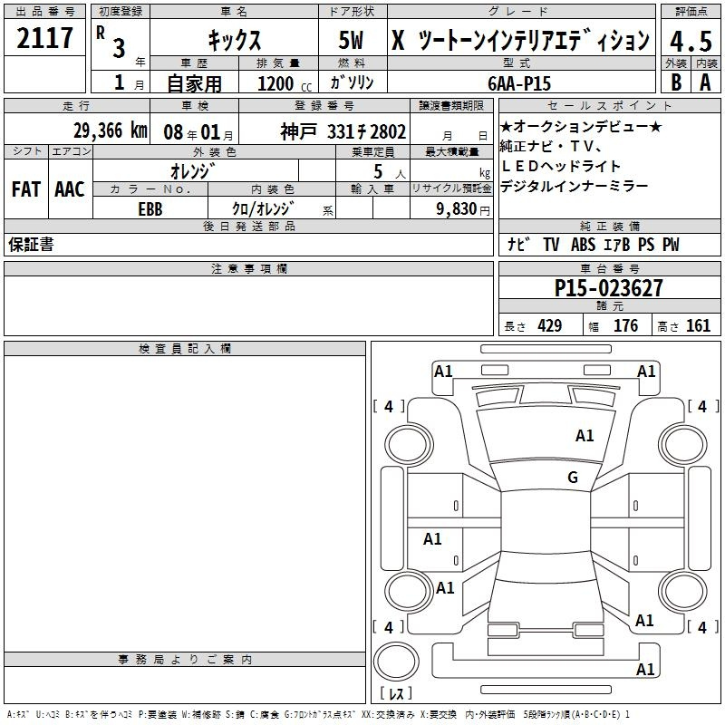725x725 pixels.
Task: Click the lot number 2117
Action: [x=44, y=38]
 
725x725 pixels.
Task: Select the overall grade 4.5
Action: [x=691, y=42]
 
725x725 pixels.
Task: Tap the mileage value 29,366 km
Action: [x=110, y=130]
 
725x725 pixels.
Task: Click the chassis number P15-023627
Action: [x=608, y=288]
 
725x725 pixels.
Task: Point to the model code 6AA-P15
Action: [x=519, y=83]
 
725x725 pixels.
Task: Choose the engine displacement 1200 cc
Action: [x=285, y=83]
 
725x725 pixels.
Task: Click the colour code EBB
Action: [x=150, y=209]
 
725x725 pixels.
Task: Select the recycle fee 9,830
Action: [x=457, y=209]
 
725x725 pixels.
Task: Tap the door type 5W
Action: [x=351, y=40]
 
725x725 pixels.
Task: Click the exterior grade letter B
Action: [x=676, y=82]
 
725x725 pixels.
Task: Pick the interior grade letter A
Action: [x=705, y=82]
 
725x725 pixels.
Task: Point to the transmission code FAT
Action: [x=26, y=189]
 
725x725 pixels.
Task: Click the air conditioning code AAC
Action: [x=70, y=189]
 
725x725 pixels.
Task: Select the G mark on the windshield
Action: [x=573, y=478]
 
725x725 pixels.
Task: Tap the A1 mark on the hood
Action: [x=585, y=436]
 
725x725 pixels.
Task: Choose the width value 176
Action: [x=625, y=325]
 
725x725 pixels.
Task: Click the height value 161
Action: [x=698, y=325]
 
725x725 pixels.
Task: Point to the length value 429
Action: [x=550, y=325]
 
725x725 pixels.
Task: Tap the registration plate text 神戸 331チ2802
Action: [x=343, y=131]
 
